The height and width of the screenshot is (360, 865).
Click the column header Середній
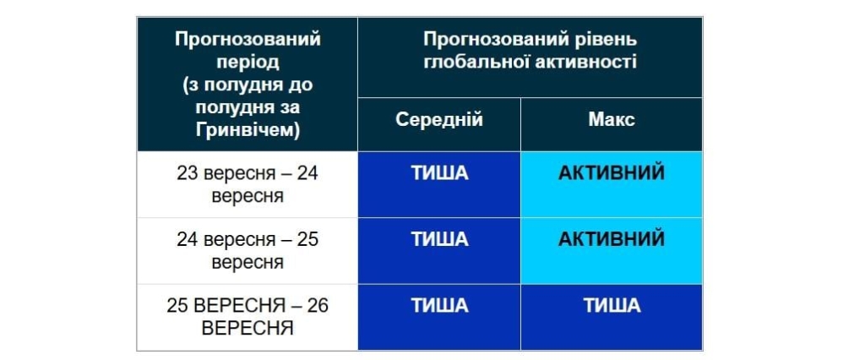[x=438, y=120]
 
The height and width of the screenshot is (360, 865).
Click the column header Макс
[x=612, y=120]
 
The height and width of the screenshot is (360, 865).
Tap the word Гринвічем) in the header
[x=248, y=129]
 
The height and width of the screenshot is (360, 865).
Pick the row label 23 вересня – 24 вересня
[x=248, y=184]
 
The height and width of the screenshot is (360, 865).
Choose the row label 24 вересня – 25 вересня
[x=248, y=250]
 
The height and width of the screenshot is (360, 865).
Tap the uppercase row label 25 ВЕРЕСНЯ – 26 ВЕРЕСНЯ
[x=248, y=316]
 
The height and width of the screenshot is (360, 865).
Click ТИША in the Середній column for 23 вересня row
[x=439, y=173]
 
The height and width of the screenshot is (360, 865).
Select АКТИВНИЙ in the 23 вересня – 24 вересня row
[x=612, y=173]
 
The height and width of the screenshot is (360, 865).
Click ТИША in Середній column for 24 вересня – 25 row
[x=439, y=239]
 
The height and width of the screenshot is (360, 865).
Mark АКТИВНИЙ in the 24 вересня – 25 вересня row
[x=612, y=239]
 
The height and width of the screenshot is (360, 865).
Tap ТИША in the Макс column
[x=612, y=306]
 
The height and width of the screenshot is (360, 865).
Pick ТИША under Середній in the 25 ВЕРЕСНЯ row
[x=439, y=306]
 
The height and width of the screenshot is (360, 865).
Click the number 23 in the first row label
[x=187, y=173]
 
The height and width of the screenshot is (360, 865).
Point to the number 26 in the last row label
[x=318, y=305]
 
